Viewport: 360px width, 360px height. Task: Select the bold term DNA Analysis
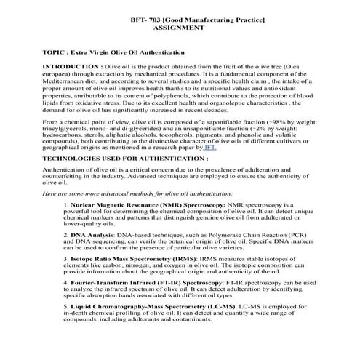(91, 235)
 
